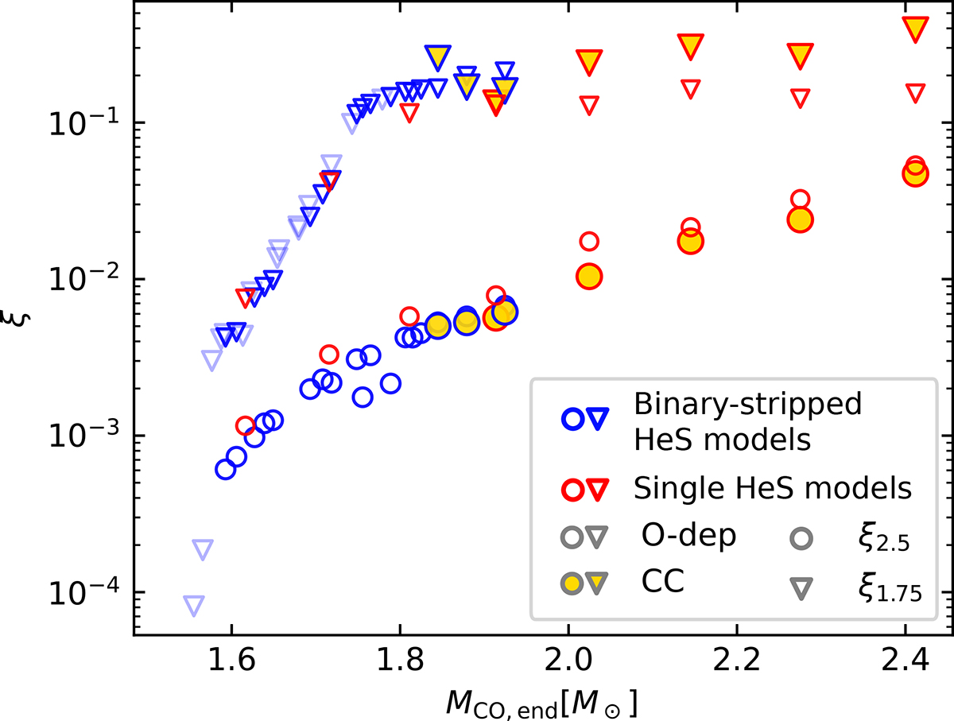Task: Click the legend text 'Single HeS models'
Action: tap(771, 487)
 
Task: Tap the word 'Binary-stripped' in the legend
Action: tap(747, 405)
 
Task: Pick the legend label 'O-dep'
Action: tap(688, 537)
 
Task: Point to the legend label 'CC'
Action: tap(663, 583)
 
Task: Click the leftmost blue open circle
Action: tap(226, 469)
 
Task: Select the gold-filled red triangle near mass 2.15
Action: tap(691, 46)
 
